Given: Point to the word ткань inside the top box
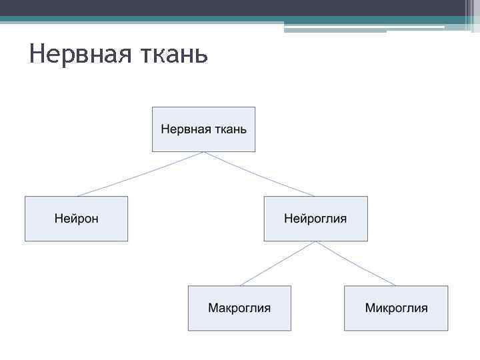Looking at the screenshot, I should click(229, 129).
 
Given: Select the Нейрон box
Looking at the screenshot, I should click(76, 219).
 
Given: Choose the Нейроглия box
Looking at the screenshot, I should click(315, 219).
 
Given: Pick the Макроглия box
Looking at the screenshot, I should click(239, 308).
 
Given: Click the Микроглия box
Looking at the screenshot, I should click(396, 308).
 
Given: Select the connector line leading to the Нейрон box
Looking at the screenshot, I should click(140, 174).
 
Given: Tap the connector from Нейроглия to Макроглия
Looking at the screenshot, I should click(277, 263).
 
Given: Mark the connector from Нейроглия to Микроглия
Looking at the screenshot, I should click(356, 263).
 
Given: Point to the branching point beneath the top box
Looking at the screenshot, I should click(204, 152).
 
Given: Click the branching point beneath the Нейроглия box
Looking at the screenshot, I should click(316, 241).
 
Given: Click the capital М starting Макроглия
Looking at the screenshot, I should click(213, 308).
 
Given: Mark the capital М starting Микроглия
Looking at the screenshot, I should click(370, 308).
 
